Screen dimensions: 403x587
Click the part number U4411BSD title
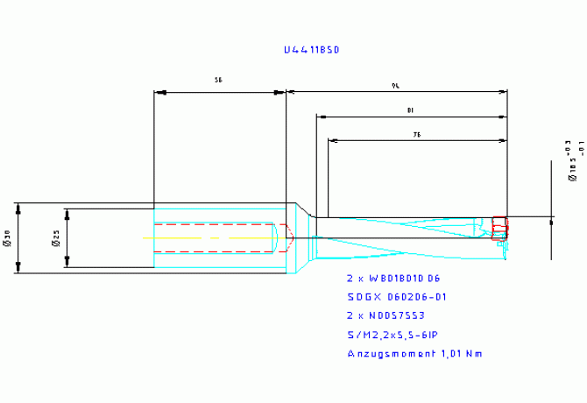pos(311,51)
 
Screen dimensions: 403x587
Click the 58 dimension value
pos(217,80)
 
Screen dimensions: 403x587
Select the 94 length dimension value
pos(397,86)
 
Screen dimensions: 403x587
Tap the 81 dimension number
pos(411,110)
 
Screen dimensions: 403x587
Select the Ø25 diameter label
pos(54,238)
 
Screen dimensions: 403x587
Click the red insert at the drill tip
pos(499,228)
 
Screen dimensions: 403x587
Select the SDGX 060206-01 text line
pos(397,297)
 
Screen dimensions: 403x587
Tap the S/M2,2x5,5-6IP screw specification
pos(393,335)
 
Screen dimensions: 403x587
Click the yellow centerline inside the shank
pos(210,237)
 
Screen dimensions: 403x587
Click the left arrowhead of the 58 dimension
pos(158,91)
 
